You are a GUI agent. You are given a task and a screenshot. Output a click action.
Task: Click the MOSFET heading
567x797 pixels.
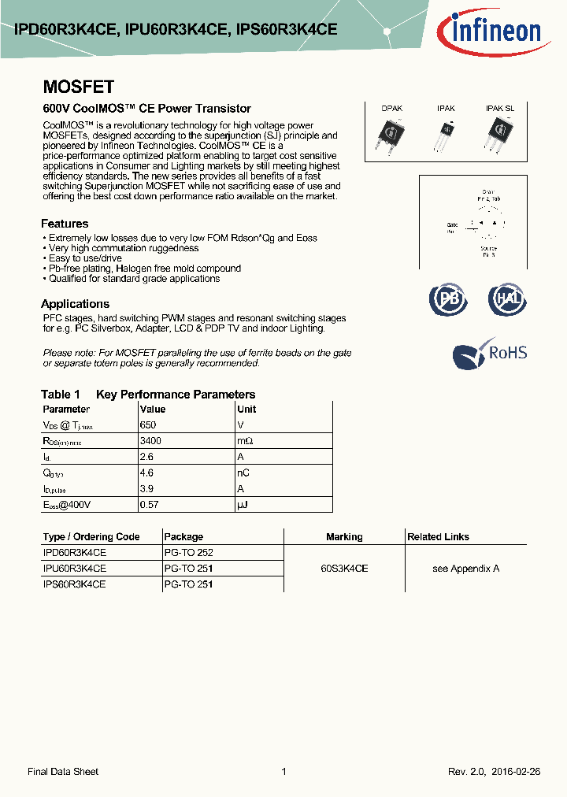click(x=78, y=87)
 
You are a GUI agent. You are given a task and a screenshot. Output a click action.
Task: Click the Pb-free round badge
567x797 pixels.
click(x=447, y=299)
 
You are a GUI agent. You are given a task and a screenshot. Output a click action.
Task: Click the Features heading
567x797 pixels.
click(x=65, y=224)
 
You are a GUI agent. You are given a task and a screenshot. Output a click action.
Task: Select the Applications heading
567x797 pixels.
click(x=75, y=304)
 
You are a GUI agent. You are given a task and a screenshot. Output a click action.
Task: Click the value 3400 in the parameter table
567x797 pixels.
click(x=151, y=441)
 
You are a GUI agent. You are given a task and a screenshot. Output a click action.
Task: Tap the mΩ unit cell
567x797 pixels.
click(x=245, y=441)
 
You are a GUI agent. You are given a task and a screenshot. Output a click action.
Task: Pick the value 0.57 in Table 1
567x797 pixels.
click(x=149, y=504)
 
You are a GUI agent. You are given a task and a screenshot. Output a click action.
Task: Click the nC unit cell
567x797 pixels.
click(x=243, y=473)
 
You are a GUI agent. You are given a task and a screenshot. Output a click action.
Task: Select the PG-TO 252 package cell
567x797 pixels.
click(x=188, y=553)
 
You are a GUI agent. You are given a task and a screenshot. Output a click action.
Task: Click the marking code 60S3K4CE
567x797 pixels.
click(x=344, y=569)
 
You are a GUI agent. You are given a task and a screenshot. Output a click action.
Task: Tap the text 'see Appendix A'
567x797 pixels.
click(x=465, y=569)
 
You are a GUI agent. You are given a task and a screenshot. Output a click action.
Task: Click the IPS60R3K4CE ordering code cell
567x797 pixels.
click(x=74, y=584)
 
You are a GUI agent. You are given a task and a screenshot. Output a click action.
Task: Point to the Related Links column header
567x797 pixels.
click(x=438, y=537)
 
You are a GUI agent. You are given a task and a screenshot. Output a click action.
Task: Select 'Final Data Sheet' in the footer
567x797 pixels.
click(x=63, y=772)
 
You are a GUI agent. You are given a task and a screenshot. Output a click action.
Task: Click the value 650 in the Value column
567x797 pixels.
click(x=147, y=425)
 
